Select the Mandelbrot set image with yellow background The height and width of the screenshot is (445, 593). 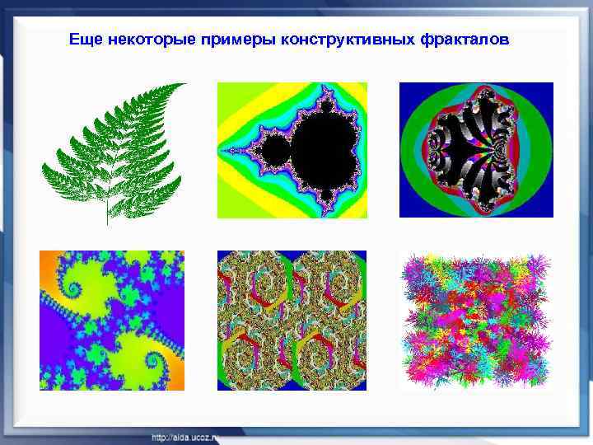[292, 150]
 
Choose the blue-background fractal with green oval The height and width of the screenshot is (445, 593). [476, 150]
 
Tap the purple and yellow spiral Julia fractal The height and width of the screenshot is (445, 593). [112, 320]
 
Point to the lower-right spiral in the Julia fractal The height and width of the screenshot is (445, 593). [155, 363]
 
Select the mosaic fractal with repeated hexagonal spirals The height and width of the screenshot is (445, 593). [292, 320]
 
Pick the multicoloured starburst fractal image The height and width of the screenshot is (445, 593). [476, 320]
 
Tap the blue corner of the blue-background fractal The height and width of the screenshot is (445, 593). [409, 91]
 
